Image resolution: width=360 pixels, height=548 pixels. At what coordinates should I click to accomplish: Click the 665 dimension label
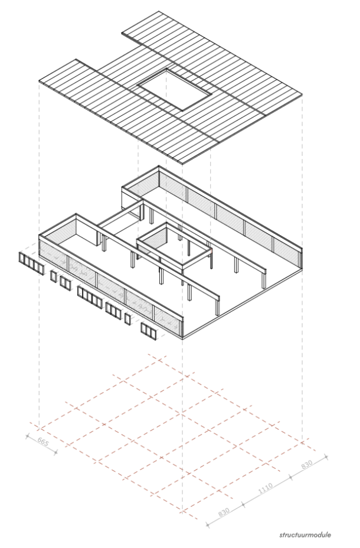coord(43,442)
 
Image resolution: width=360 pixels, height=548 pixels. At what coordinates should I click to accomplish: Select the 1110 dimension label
coord(266,488)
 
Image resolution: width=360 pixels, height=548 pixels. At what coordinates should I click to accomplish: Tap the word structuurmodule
coord(305,535)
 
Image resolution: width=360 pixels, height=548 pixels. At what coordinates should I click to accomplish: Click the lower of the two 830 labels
coord(224,512)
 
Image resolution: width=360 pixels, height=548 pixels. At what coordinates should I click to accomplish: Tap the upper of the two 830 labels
coord(307,464)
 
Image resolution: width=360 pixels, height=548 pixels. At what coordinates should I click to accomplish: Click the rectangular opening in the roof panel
coord(175,89)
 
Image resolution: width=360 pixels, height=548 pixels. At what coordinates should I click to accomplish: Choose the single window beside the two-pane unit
coord(54,276)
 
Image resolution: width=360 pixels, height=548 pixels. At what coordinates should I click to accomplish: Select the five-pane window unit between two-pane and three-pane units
coord(90,295)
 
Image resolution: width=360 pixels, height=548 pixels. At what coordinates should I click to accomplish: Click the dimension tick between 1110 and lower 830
coord(243,504)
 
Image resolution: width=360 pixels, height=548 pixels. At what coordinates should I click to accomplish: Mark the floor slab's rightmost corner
coord(302,269)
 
